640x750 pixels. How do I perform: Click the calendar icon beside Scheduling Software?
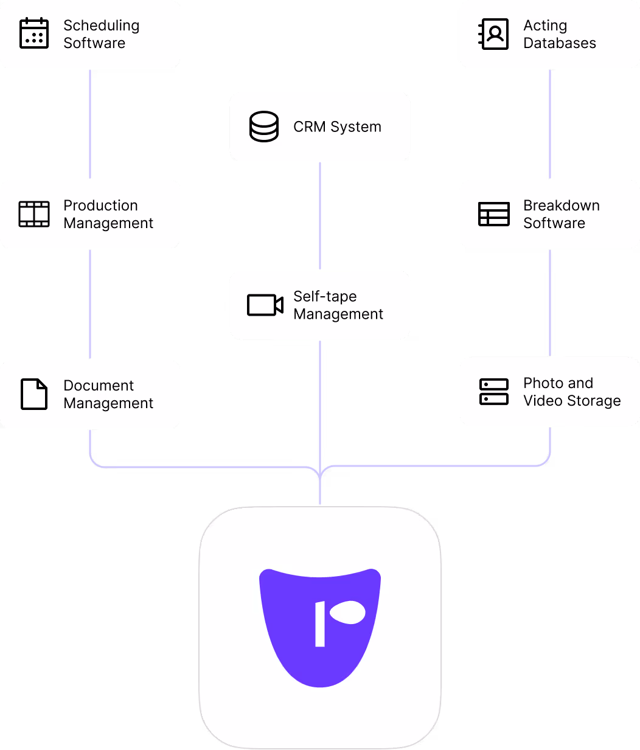(34, 33)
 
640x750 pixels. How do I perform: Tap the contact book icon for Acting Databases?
(493, 33)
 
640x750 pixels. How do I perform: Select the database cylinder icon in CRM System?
(264, 127)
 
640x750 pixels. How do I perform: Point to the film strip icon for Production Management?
(34, 214)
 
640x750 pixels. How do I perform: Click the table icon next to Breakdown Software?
(493, 214)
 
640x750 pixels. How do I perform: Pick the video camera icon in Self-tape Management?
(265, 305)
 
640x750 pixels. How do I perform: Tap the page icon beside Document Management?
(34, 394)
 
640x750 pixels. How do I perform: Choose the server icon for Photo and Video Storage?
(493, 392)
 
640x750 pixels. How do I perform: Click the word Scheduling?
(101, 26)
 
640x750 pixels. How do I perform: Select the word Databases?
(560, 43)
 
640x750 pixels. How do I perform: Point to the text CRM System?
(337, 127)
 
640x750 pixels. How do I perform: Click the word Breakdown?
(562, 206)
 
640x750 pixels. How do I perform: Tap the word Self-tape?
(325, 296)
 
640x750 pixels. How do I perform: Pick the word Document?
(99, 386)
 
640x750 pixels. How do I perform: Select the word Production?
(100, 206)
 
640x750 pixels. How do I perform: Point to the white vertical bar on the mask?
(320, 624)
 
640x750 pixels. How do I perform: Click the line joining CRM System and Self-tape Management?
(320, 215)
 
